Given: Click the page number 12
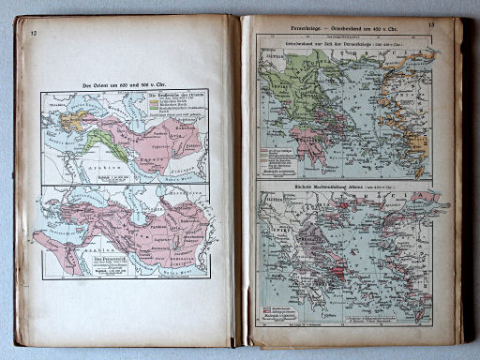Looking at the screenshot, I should [x=34, y=34].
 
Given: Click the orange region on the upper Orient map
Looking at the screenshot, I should [x=73, y=120].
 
